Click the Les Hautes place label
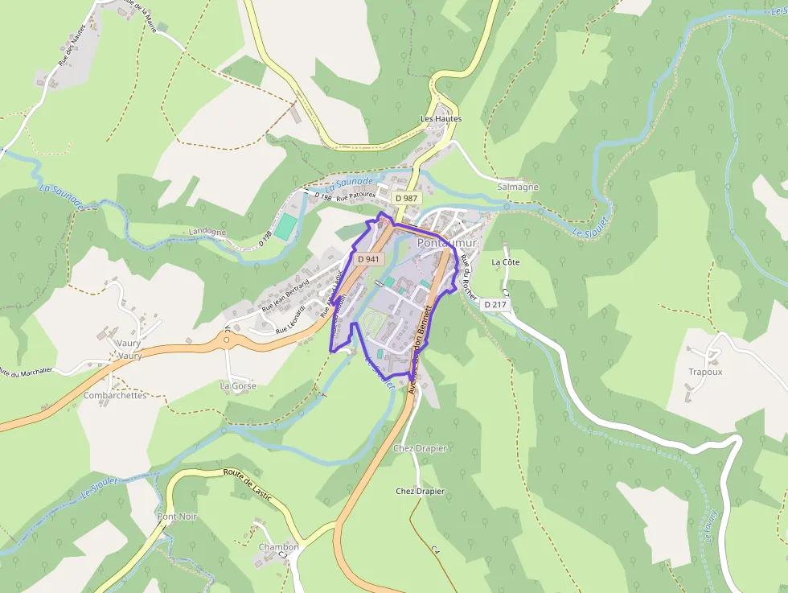(441, 118)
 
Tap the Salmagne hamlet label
(518, 187)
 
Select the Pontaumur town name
(447, 242)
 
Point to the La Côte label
(505, 262)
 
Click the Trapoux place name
(705, 372)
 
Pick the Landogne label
(207, 232)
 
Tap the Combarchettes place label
(115, 395)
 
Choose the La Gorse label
(238, 385)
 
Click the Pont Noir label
(178, 516)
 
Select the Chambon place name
(278, 547)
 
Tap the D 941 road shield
(368, 258)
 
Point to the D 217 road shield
(496, 305)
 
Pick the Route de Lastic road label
(248, 486)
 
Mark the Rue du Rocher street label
(466, 278)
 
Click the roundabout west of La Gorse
(227, 340)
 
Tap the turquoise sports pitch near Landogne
(285, 226)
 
